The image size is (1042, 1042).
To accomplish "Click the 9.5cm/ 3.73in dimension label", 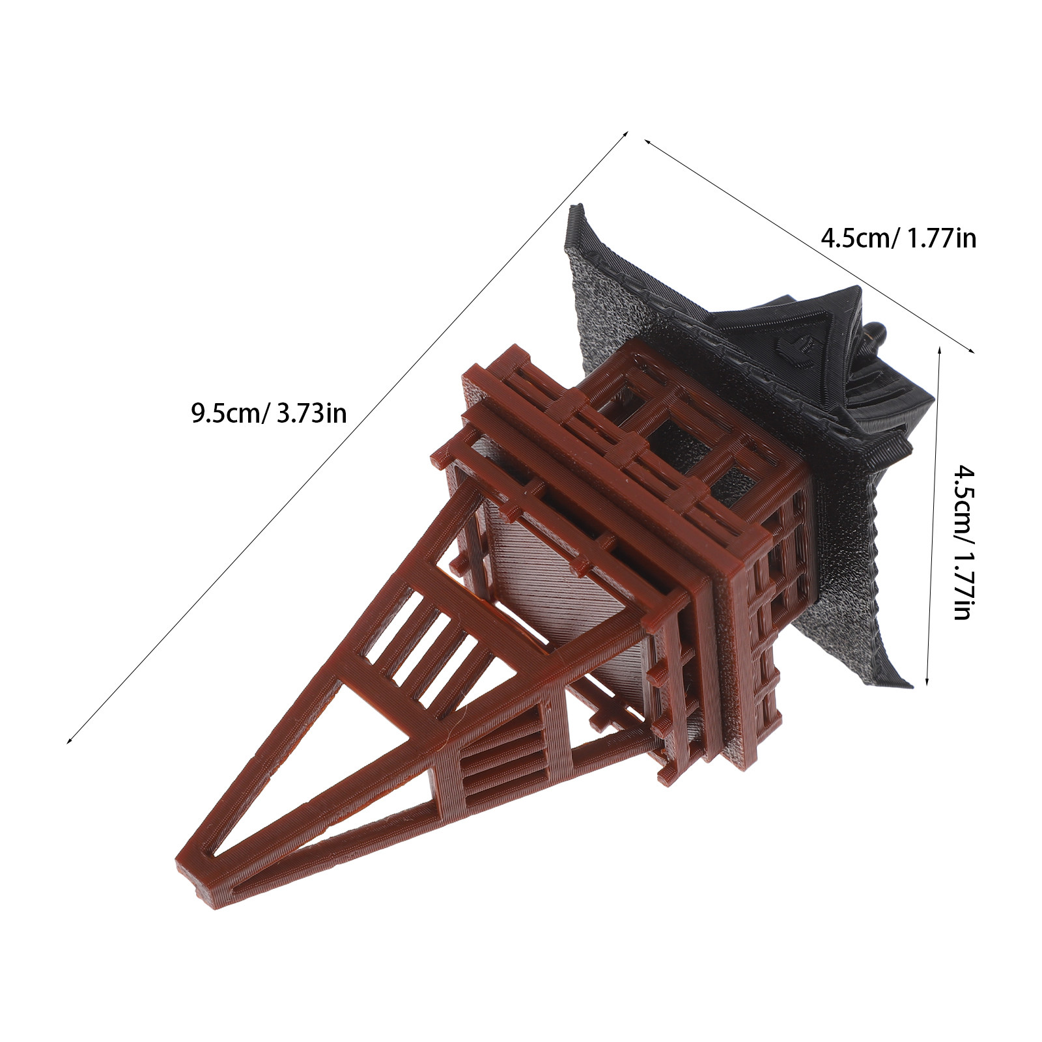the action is point(268,413).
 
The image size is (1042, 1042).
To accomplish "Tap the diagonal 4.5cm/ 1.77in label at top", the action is point(898,238).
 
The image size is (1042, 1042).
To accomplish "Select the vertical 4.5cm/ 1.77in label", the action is point(962,541).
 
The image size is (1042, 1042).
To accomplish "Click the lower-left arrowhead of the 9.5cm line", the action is point(70,740).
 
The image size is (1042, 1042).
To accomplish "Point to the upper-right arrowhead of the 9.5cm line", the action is point(625,134).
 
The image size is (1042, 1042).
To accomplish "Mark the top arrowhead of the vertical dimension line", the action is point(939,350).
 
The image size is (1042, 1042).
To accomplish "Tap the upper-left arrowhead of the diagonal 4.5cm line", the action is point(648,141).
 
